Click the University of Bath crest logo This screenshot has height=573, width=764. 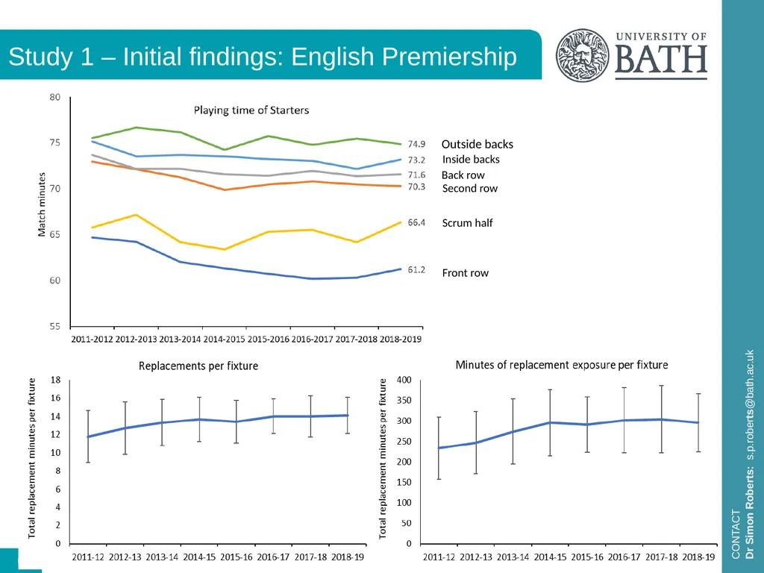click(x=582, y=55)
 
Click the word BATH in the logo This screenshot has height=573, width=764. click(x=661, y=60)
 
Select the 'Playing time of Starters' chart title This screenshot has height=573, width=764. click(x=251, y=110)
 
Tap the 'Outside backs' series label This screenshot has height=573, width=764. click(x=477, y=144)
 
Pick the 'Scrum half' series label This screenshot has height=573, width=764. click(x=467, y=223)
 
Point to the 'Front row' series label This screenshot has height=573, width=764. click(x=466, y=273)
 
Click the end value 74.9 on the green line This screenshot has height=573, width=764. click(x=416, y=144)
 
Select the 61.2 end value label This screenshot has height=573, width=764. click(x=416, y=270)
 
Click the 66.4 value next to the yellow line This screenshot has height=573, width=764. click(x=416, y=222)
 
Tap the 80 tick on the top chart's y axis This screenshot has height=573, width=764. click(x=54, y=97)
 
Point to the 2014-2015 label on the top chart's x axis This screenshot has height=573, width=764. click(x=224, y=339)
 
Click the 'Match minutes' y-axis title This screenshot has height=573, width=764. click(x=42, y=204)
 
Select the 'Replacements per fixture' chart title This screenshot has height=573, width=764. click(x=198, y=366)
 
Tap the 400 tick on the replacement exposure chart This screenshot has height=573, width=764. click(x=404, y=380)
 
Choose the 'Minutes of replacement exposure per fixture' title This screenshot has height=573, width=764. click(x=562, y=365)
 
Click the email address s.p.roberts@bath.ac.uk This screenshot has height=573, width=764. click(x=750, y=404)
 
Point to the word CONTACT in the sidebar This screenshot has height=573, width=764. click(x=736, y=534)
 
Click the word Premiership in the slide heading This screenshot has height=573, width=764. click(x=449, y=57)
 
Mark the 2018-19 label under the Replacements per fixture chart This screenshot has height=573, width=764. click(x=348, y=557)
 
